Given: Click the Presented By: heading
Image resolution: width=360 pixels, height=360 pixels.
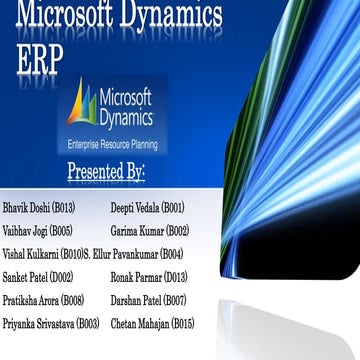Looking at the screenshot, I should point(106,172).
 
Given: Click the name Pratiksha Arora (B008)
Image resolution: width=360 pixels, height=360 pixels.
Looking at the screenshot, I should point(44,300).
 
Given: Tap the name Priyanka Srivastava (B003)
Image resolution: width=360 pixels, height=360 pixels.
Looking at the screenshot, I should point(51,324).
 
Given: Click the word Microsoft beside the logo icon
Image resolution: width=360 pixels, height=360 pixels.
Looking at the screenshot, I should point(125,99).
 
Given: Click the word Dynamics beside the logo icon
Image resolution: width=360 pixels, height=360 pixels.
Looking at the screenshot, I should point(126,118).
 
